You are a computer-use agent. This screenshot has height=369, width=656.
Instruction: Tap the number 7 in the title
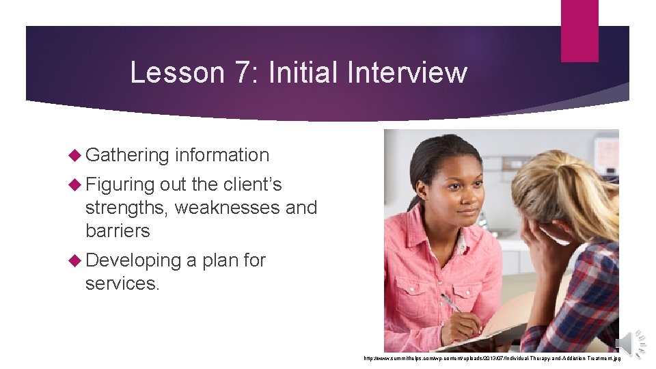[x=236, y=72]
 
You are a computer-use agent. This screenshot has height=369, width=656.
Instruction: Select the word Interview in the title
[x=407, y=72]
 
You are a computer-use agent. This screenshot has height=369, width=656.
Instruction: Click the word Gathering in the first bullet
[x=127, y=156]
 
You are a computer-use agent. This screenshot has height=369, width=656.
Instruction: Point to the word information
[x=222, y=155]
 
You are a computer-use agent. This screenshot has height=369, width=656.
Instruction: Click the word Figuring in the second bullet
[x=120, y=184]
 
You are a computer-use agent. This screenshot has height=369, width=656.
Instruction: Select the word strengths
[x=126, y=208]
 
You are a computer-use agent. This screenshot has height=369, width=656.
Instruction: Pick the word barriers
[x=118, y=231]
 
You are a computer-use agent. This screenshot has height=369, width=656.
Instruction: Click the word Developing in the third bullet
[x=133, y=261]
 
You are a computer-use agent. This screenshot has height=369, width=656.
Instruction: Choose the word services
[x=122, y=284]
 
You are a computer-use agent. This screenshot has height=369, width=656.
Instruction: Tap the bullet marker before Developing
[x=76, y=260]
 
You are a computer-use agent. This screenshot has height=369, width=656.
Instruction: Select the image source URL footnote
[x=491, y=358]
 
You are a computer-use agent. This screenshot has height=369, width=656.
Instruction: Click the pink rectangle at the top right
[x=579, y=31]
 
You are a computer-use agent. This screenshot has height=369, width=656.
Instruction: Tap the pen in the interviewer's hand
[x=450, y=303]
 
